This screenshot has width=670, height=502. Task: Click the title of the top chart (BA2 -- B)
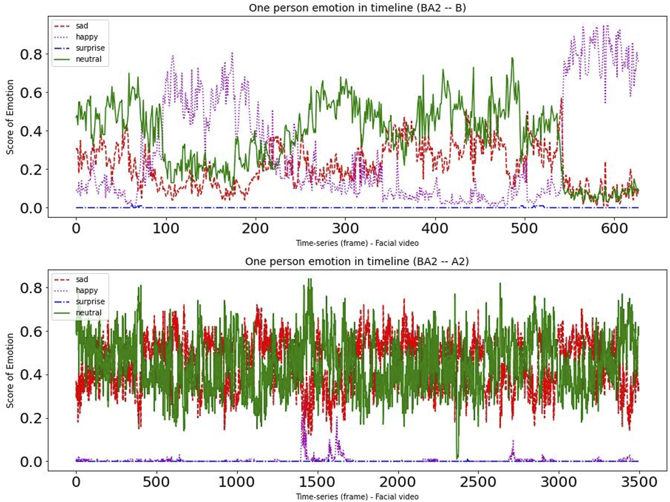(357, 8)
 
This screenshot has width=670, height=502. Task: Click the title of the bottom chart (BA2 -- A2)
(357, 261)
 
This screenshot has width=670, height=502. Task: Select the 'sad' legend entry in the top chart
(81, 26)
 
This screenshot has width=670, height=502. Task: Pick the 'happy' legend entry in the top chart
(86, 37)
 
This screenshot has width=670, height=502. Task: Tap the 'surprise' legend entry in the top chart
(90, 48)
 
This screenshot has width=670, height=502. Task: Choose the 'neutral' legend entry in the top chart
(88, 59)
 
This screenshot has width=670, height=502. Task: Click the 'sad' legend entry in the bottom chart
(81, 280)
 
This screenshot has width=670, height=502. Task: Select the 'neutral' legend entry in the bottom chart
(88, 312)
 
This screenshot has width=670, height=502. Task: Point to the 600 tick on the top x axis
(614, 228)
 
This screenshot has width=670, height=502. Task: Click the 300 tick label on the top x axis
(345, 228)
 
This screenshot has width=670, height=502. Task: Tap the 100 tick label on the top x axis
(166, 228)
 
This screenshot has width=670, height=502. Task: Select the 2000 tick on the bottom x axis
(397, 482)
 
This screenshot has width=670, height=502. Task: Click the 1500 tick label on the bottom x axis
(317, 482)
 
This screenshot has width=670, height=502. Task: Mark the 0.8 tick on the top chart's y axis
(31, 54)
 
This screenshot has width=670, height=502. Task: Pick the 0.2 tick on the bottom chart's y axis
(31, 418)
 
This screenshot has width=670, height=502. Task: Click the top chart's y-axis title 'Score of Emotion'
(10, 117)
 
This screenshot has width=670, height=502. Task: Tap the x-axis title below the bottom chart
(357, 497)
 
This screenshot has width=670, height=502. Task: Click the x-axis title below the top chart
(357, 243)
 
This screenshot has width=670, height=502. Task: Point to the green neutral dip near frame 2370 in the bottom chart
(457, 455)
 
